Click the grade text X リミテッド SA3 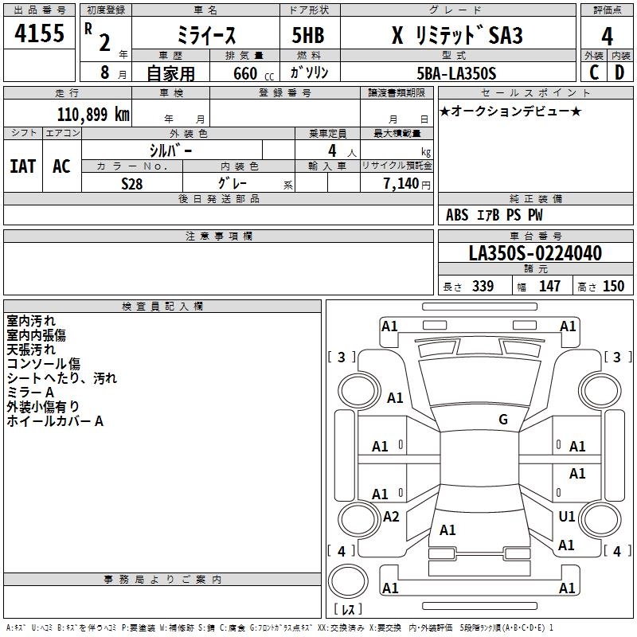click(x=455, y=36)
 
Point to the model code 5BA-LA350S click(x=456, y=73)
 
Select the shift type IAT click(x=22, y=166)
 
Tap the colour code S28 click(x=132, y=183)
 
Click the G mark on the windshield click(x=503, y=420)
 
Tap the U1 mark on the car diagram click(x=567, y=517)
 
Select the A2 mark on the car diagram click(x=391, y=517)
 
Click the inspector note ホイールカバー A click(x=55, y=421)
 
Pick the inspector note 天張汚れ click(x=31, y=350)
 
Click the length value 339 click(x=483, y=287)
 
